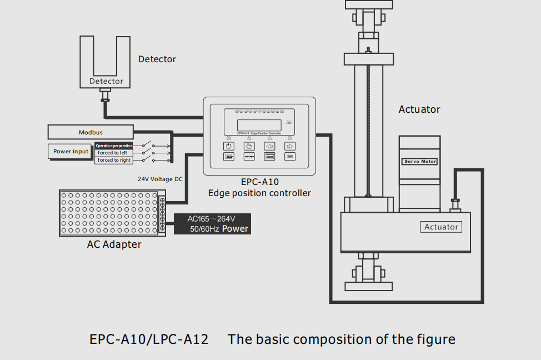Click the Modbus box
click(91, 132)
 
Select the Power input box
click(71, 151)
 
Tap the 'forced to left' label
click(113, 153)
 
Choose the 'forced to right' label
click(114, 160)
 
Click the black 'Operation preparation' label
click(113, 146)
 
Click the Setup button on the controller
click(269, 156)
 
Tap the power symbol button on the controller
click(229, 146)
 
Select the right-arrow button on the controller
click(290, 146)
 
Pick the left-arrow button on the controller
click(269, 146)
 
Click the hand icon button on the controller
click(249, 146)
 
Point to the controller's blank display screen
click(259, 125)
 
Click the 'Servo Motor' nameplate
click(420, 162)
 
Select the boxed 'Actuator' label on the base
click(441, 227)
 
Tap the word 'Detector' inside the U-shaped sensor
click(106, 81)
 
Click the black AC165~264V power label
click(212, 223)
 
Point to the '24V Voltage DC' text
click(160, 179)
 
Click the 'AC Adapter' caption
click(114, 244)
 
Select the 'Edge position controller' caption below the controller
click(259, 193)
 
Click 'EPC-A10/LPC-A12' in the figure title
click(149, 339)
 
